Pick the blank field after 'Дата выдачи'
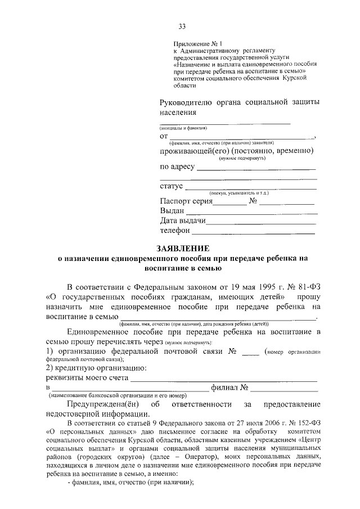click(260, 222)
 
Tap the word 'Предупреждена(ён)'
click(101, 404)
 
